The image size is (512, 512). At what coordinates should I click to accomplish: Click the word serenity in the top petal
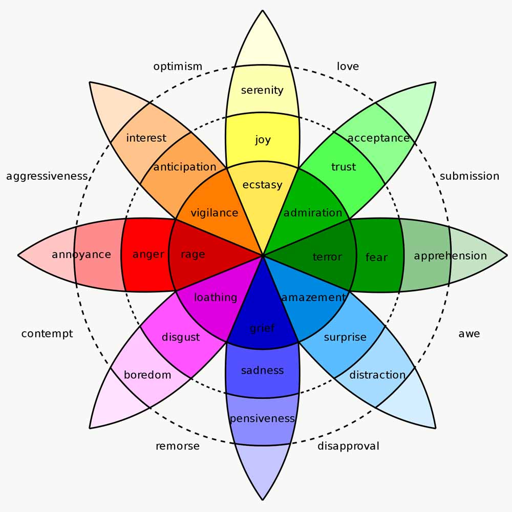pyautogui.click(x=262, y=90)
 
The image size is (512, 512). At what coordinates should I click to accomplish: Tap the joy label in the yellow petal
pyautogui.click(x=263, y=140)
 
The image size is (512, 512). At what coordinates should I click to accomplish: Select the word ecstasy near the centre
pyautogui.click(x=262, y=185)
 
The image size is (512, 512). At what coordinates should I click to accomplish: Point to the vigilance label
pyautogui.click(x=214, y=212)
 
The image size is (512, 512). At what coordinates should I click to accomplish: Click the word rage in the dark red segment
pyautogui.click(x=193, y=254)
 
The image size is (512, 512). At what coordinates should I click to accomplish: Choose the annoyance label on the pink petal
pyautogui.click(x=81, y=254)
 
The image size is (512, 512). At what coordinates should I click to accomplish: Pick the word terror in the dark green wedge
pyautogui.click(x=327, y=257)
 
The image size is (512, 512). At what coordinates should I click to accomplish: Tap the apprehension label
pyautogui.click(x=450, y=255)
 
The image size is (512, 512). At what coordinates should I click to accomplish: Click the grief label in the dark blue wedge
pyautogui.click(x=262, y=328)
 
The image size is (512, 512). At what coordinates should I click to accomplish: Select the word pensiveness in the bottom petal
pyautogui.click(x=262, y=418)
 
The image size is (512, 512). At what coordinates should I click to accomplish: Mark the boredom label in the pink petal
pyautogui.click(x=147, y=375)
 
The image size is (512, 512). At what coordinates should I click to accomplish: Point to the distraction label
pyautogui.click(x=377, y=375)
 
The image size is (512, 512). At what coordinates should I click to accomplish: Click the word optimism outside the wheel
pyautogui.click(x=178, y=67)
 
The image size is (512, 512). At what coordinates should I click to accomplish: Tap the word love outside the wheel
pyautogui.click(x=348, y=67)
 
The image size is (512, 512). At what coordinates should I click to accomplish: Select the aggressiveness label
pyautogui.click(x=47, y=176)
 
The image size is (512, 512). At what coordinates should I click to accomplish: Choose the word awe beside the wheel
pyautogui.click(x=469, y=334)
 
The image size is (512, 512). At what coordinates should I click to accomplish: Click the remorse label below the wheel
pyautogui.click(x=178, y=446)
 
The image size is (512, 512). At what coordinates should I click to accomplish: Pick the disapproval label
pyautogui.click(x=348, y=446)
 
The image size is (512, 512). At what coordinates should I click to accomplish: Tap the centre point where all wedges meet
pyautogui.click(x=263, y=254)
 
